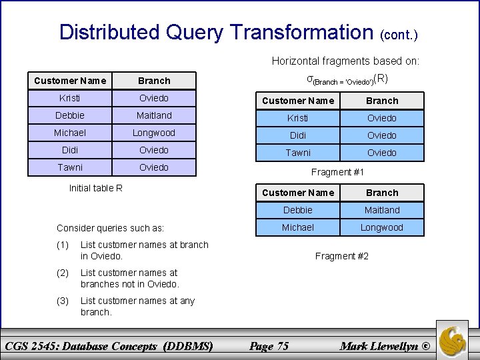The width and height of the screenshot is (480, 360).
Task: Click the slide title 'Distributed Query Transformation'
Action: coord(217,31)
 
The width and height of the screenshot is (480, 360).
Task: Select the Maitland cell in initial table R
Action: coord(154,115)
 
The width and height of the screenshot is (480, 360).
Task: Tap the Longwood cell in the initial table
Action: coord(154,133)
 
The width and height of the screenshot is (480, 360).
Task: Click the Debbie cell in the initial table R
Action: coord(70,115)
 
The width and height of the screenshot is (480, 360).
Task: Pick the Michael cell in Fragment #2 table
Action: coord(298,227)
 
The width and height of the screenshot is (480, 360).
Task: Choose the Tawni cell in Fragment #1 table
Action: coord(298,153)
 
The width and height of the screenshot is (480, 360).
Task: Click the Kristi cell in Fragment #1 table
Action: coord(298,118)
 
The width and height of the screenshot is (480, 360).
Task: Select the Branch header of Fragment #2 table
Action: coord(382,193)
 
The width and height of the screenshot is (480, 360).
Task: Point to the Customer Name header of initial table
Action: coord(70,81)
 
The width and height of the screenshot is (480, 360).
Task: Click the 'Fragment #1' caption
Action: coord(339,172)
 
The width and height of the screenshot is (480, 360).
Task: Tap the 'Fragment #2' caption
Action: coord(342,256)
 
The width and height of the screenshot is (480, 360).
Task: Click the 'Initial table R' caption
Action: coord(96,187)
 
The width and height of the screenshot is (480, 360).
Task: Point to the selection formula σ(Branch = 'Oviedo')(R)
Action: coord(347,79)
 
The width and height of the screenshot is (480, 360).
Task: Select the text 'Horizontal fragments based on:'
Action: coord(345,61)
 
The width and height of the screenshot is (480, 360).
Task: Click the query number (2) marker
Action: coord(63,273)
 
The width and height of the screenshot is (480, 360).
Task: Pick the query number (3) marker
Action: coord(63,301)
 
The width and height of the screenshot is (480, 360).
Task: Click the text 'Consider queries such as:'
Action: coord(111,228)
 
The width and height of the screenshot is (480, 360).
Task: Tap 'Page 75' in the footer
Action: coord(269,345)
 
